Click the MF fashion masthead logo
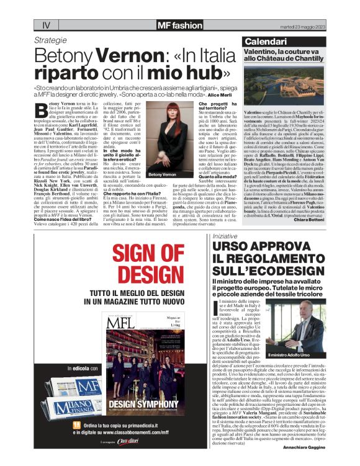pyautogui.click(x=179, y=25)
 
